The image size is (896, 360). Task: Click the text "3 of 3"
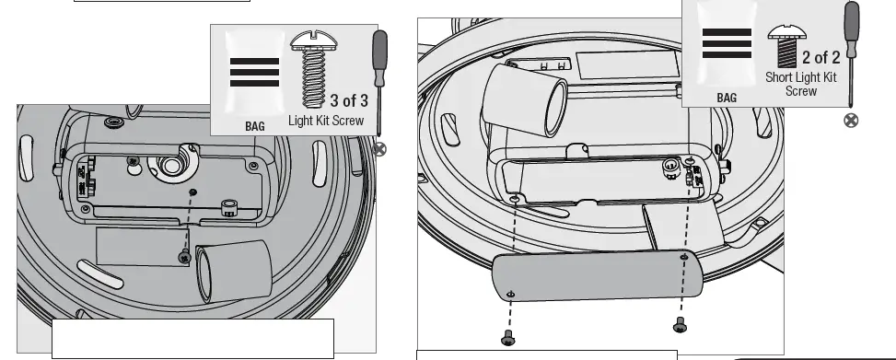tap(349, 100)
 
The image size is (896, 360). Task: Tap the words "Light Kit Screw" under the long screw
tap(326, 120)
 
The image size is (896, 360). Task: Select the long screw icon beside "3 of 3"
tap(309, 68)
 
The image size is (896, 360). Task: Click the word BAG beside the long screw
tap(254, 124)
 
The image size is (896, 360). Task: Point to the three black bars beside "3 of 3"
tap(254, 72)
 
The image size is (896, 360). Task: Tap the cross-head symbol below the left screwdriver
tap(379, 149)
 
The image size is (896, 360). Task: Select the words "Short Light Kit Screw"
tap(801, 84)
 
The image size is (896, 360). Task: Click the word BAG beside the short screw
tap(727, 97)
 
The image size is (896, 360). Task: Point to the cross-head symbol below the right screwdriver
tap(851, 121)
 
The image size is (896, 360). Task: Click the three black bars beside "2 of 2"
tap(727, 44)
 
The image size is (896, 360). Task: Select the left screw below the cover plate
tap(507, 340)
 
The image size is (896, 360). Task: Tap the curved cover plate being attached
tap(597, 276)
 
